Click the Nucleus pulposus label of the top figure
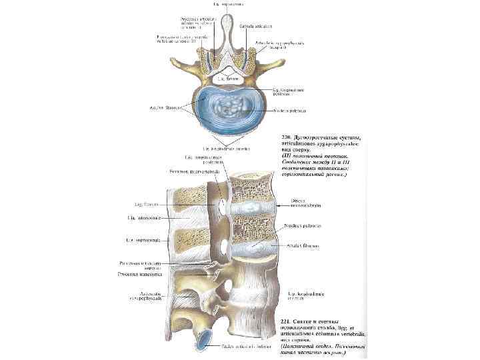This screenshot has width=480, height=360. click(289, 111)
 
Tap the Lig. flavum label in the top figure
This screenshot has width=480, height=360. click(227, 79)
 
